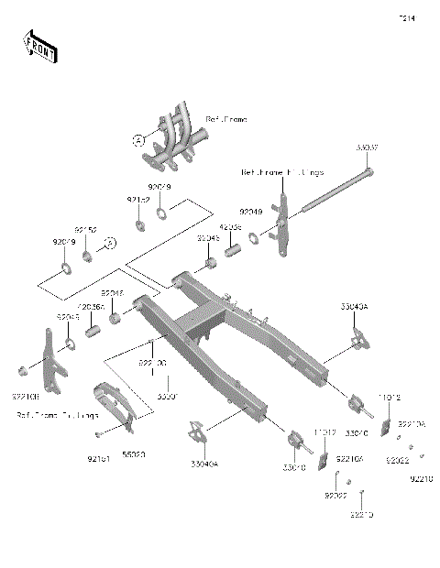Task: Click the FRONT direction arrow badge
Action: click(x=38, y=46)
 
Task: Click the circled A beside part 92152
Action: click(x=108, y=243)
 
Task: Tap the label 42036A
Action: click(x=91, y=307)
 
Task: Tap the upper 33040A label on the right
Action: click(x=354, y=308)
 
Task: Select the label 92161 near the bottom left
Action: click(x=98, y=453)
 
